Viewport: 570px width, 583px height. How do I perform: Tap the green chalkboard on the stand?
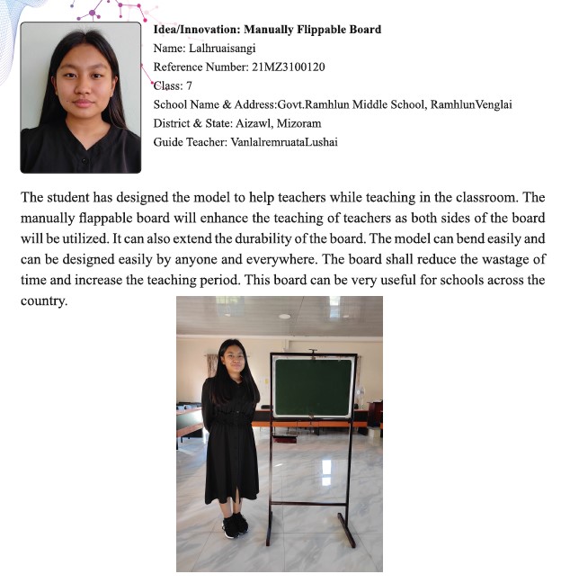click(x=313, y=387)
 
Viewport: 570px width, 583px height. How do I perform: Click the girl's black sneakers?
click(x=235, y=525)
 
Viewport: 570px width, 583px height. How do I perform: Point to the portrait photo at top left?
click(x=81, y=96)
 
